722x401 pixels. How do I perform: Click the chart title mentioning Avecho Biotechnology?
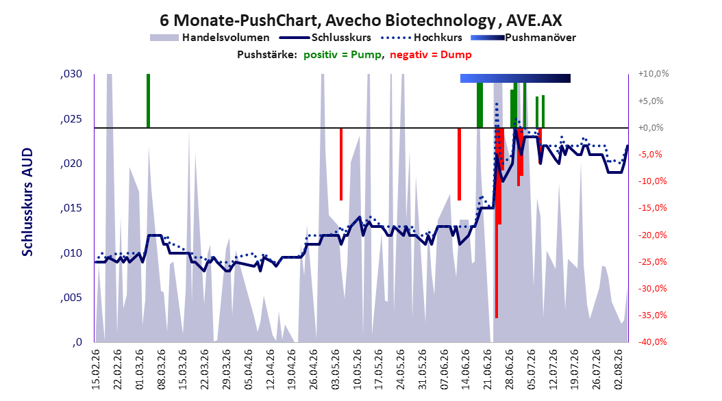(360, 21)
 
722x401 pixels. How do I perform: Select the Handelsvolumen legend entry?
(210, 38)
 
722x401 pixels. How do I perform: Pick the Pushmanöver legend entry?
(523, 38)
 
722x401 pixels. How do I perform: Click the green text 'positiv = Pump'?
(343, 55)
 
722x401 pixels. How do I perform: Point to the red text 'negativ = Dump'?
(431, 55)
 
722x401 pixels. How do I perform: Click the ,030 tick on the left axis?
(71, 74)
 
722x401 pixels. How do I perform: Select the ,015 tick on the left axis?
(71, 208)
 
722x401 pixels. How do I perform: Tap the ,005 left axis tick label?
(71, 298)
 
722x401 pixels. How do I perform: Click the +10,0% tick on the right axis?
(653, 74)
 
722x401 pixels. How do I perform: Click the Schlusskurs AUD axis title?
(27, 202)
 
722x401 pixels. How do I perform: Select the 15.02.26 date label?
(96, 370)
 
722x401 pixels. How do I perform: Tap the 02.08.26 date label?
(619, 370)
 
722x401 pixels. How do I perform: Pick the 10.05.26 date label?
(358, 370)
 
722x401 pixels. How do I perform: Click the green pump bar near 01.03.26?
(148, 101)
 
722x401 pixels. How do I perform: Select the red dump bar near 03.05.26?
(341, 164)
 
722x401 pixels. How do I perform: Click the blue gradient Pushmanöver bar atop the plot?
(515, 78)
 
